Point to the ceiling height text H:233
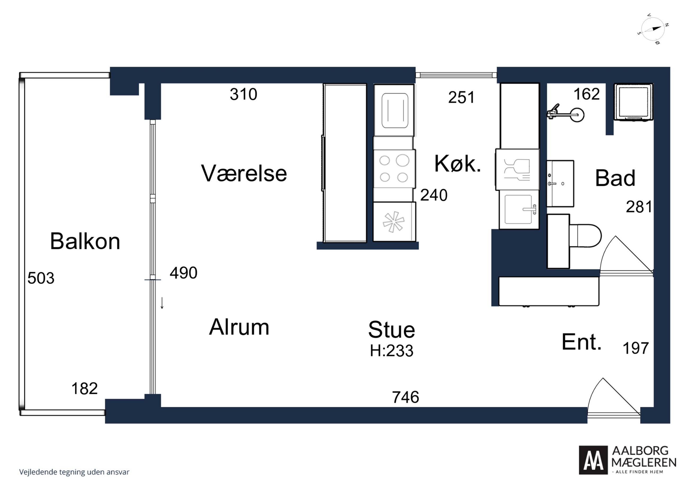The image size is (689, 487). point(392,351)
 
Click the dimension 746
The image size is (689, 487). point(405,397)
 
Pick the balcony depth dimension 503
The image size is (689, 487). point(41,278)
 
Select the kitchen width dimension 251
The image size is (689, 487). point(461,97)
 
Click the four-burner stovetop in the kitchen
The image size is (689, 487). point(394,169)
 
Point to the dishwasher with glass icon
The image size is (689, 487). point(517,170)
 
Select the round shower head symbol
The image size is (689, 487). point(576,115)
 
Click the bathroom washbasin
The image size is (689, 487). point(560,184)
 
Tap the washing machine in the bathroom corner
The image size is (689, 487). point(633,102)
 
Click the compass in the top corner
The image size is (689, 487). point(653,29)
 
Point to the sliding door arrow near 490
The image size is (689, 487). point(162,303)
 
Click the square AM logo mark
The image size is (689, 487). point(593,460)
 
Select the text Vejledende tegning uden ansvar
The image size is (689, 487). point(74,472)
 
